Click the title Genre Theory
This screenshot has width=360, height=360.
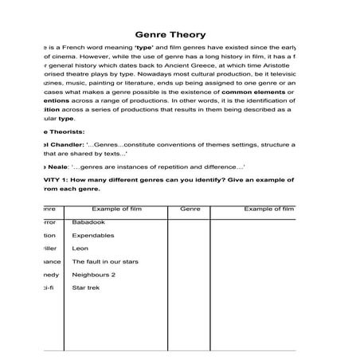[x=171, y=35]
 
